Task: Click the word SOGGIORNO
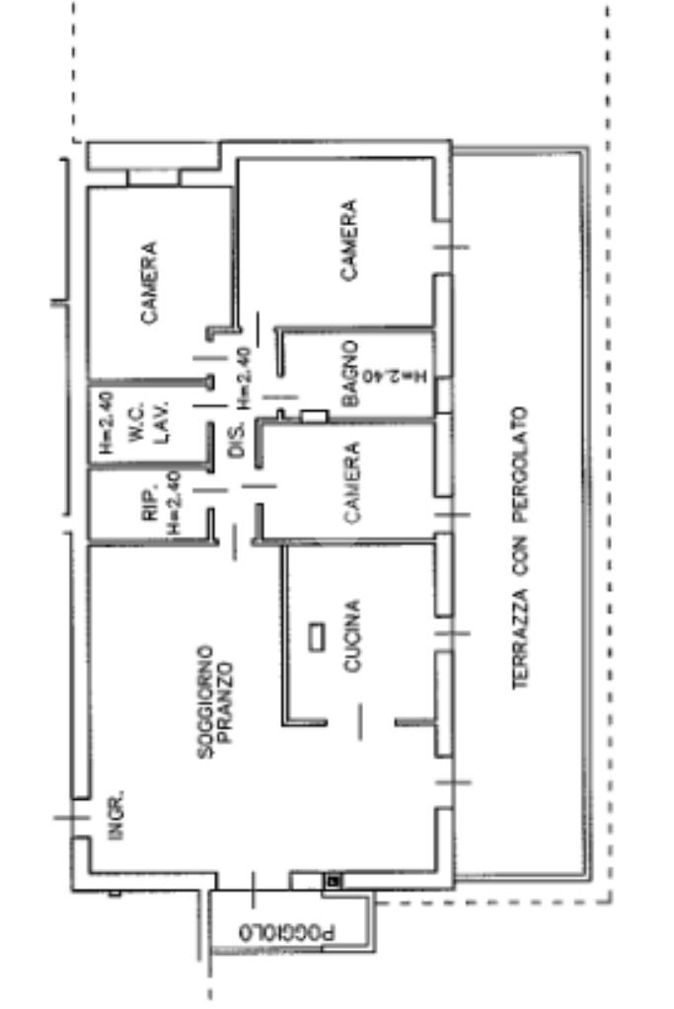click(x=205, y=702)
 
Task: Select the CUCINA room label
click(x=351, y=636)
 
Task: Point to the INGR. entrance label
click(x=115, y=815)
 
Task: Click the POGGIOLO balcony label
click(x=288, y=931)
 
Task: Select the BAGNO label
click(x=350, y=374)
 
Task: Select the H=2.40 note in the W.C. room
click(x=107, y=424)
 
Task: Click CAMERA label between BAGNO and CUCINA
click(x=352, y=480)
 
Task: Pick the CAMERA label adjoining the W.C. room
click(x=148, y=283)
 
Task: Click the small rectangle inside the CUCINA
click(x=317, y=637)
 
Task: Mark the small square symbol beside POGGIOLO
click(x=334, y=879)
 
